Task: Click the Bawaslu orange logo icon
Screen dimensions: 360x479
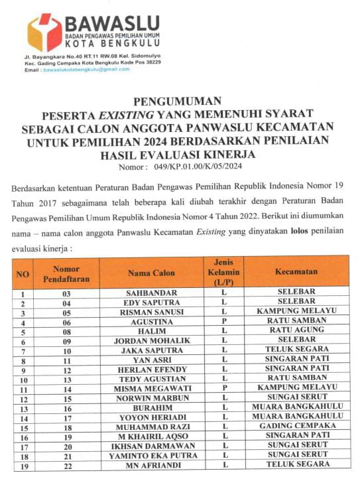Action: click(x=44, y=32)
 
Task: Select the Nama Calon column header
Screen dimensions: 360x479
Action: click(x=151, y=272)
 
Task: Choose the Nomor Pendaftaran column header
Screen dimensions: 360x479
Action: click(x=66, y=273)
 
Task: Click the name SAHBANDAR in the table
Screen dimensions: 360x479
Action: click(x=151, y=293)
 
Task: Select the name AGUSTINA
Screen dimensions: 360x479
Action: click(x=151, y=321)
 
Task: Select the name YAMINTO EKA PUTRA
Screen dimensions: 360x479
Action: click(x=151, y=456)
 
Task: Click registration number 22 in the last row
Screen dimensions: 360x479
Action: click(x=66, y=466)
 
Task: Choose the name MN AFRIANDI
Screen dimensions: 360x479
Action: click(x=151, y=466)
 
